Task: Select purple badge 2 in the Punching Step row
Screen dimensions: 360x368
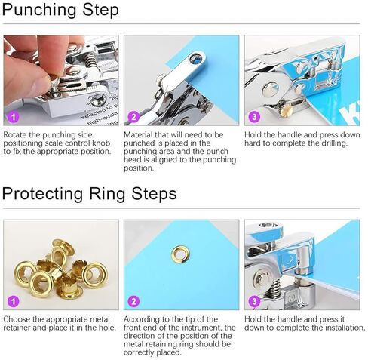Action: point(133,117)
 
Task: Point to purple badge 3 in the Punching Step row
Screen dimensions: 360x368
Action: point(254,117)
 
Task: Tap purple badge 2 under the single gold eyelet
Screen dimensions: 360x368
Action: point(133,301)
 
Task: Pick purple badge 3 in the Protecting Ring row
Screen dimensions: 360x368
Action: point(254,301)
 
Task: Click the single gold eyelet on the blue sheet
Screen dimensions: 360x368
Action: point(180,254)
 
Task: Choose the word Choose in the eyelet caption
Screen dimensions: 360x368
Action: point(18,319)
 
